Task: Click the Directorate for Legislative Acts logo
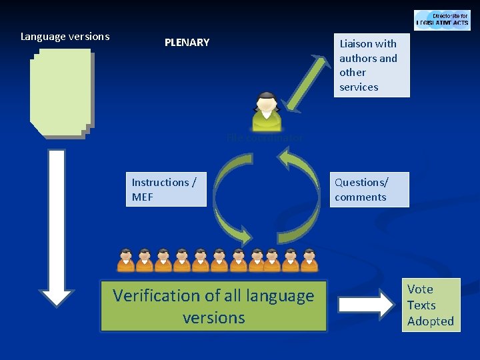[x=442, y=20]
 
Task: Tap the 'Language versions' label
[x=65, y=37]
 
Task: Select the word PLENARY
[x=187, y=43]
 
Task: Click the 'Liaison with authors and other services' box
[x=371, y=65]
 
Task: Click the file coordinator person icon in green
[x=267, y=111]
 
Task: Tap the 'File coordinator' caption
[x=265, y=138]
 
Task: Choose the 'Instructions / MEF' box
[x=166, y=189]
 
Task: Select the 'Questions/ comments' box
[x=369, y=189]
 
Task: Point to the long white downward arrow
[x=57, y=227]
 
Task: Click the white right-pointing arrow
[x=365, y=304]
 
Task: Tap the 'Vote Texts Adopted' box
[x=430, y=305]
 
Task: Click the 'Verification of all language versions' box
[x=213, y=306]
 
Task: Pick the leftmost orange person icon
[x=126, y=260]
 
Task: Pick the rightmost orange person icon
[x=309, y=260]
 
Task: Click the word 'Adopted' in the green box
[x=430, y=321]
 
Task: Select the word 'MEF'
[x=143, y=197]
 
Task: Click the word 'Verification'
[x=157, y=295]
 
